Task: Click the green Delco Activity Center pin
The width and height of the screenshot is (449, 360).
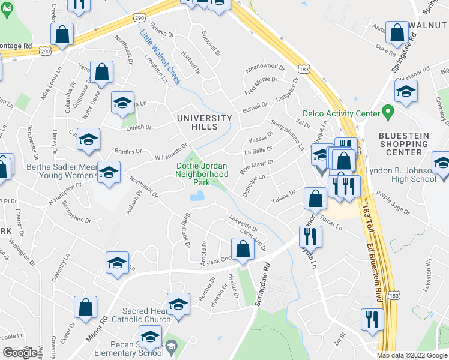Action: tap(388, 112)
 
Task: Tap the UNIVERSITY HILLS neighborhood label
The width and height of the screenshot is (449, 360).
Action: tap(204, 122)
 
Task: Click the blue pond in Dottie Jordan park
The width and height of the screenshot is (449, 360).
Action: tap(196, 196)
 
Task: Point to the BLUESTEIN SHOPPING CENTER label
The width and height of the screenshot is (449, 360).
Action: tap(404, 144)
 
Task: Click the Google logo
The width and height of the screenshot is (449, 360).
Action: tap(20, 353)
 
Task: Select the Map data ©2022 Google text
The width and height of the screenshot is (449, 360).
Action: tap(412, 355)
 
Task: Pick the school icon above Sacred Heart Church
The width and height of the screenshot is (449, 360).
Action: tap(178, 305)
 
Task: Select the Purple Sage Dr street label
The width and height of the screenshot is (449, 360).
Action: tap(393, 203)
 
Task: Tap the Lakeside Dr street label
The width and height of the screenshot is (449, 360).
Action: tap(243, 223)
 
